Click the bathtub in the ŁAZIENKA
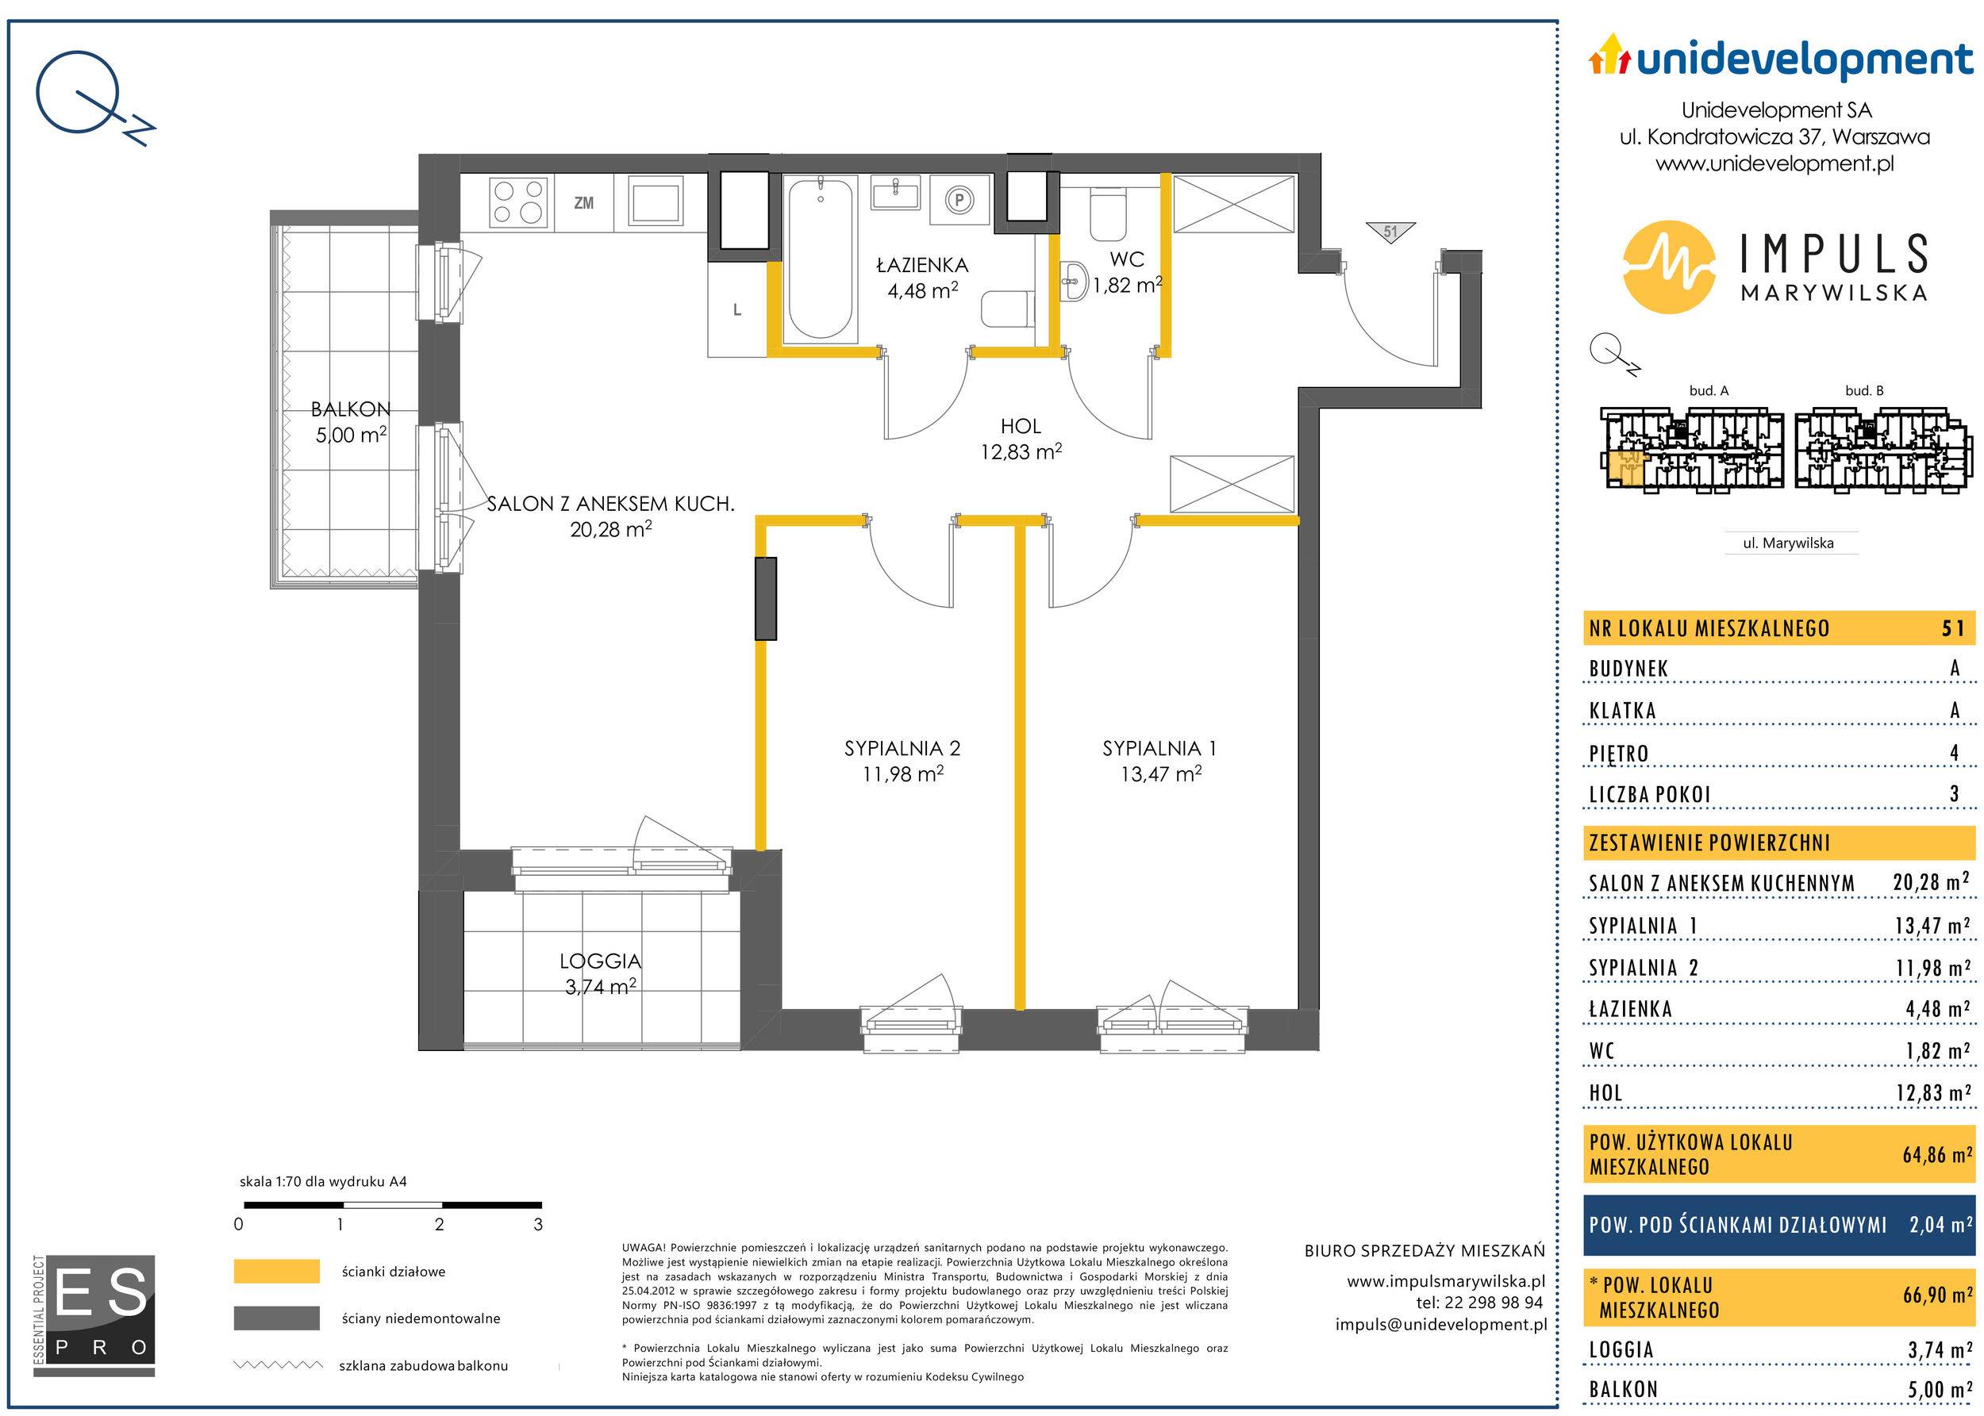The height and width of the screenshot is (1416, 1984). tap(820, 258)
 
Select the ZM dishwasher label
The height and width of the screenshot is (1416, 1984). tap(583, 203)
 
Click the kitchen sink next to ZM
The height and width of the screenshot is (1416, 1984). tap(656, 202)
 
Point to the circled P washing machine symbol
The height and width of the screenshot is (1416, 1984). tap(959, 201)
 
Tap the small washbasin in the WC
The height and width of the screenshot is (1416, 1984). tap(1074, 281)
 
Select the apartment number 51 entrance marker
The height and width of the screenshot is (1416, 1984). tap(1390, 232)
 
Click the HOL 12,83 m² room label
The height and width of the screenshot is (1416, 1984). tap(1021, 439)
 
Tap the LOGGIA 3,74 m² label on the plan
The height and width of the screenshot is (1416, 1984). tap(600, 973)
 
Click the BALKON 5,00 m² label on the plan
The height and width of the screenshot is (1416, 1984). tap(351, 422)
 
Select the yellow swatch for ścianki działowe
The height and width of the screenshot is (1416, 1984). tap(276, 1272)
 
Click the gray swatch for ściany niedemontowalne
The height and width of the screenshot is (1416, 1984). tap(276, 1318)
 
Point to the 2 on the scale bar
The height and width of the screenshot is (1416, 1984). tap(439, 1225)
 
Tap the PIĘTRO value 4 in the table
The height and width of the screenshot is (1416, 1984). tap(1955, 753)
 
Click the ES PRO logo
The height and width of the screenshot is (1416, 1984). tap(94, 1315)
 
